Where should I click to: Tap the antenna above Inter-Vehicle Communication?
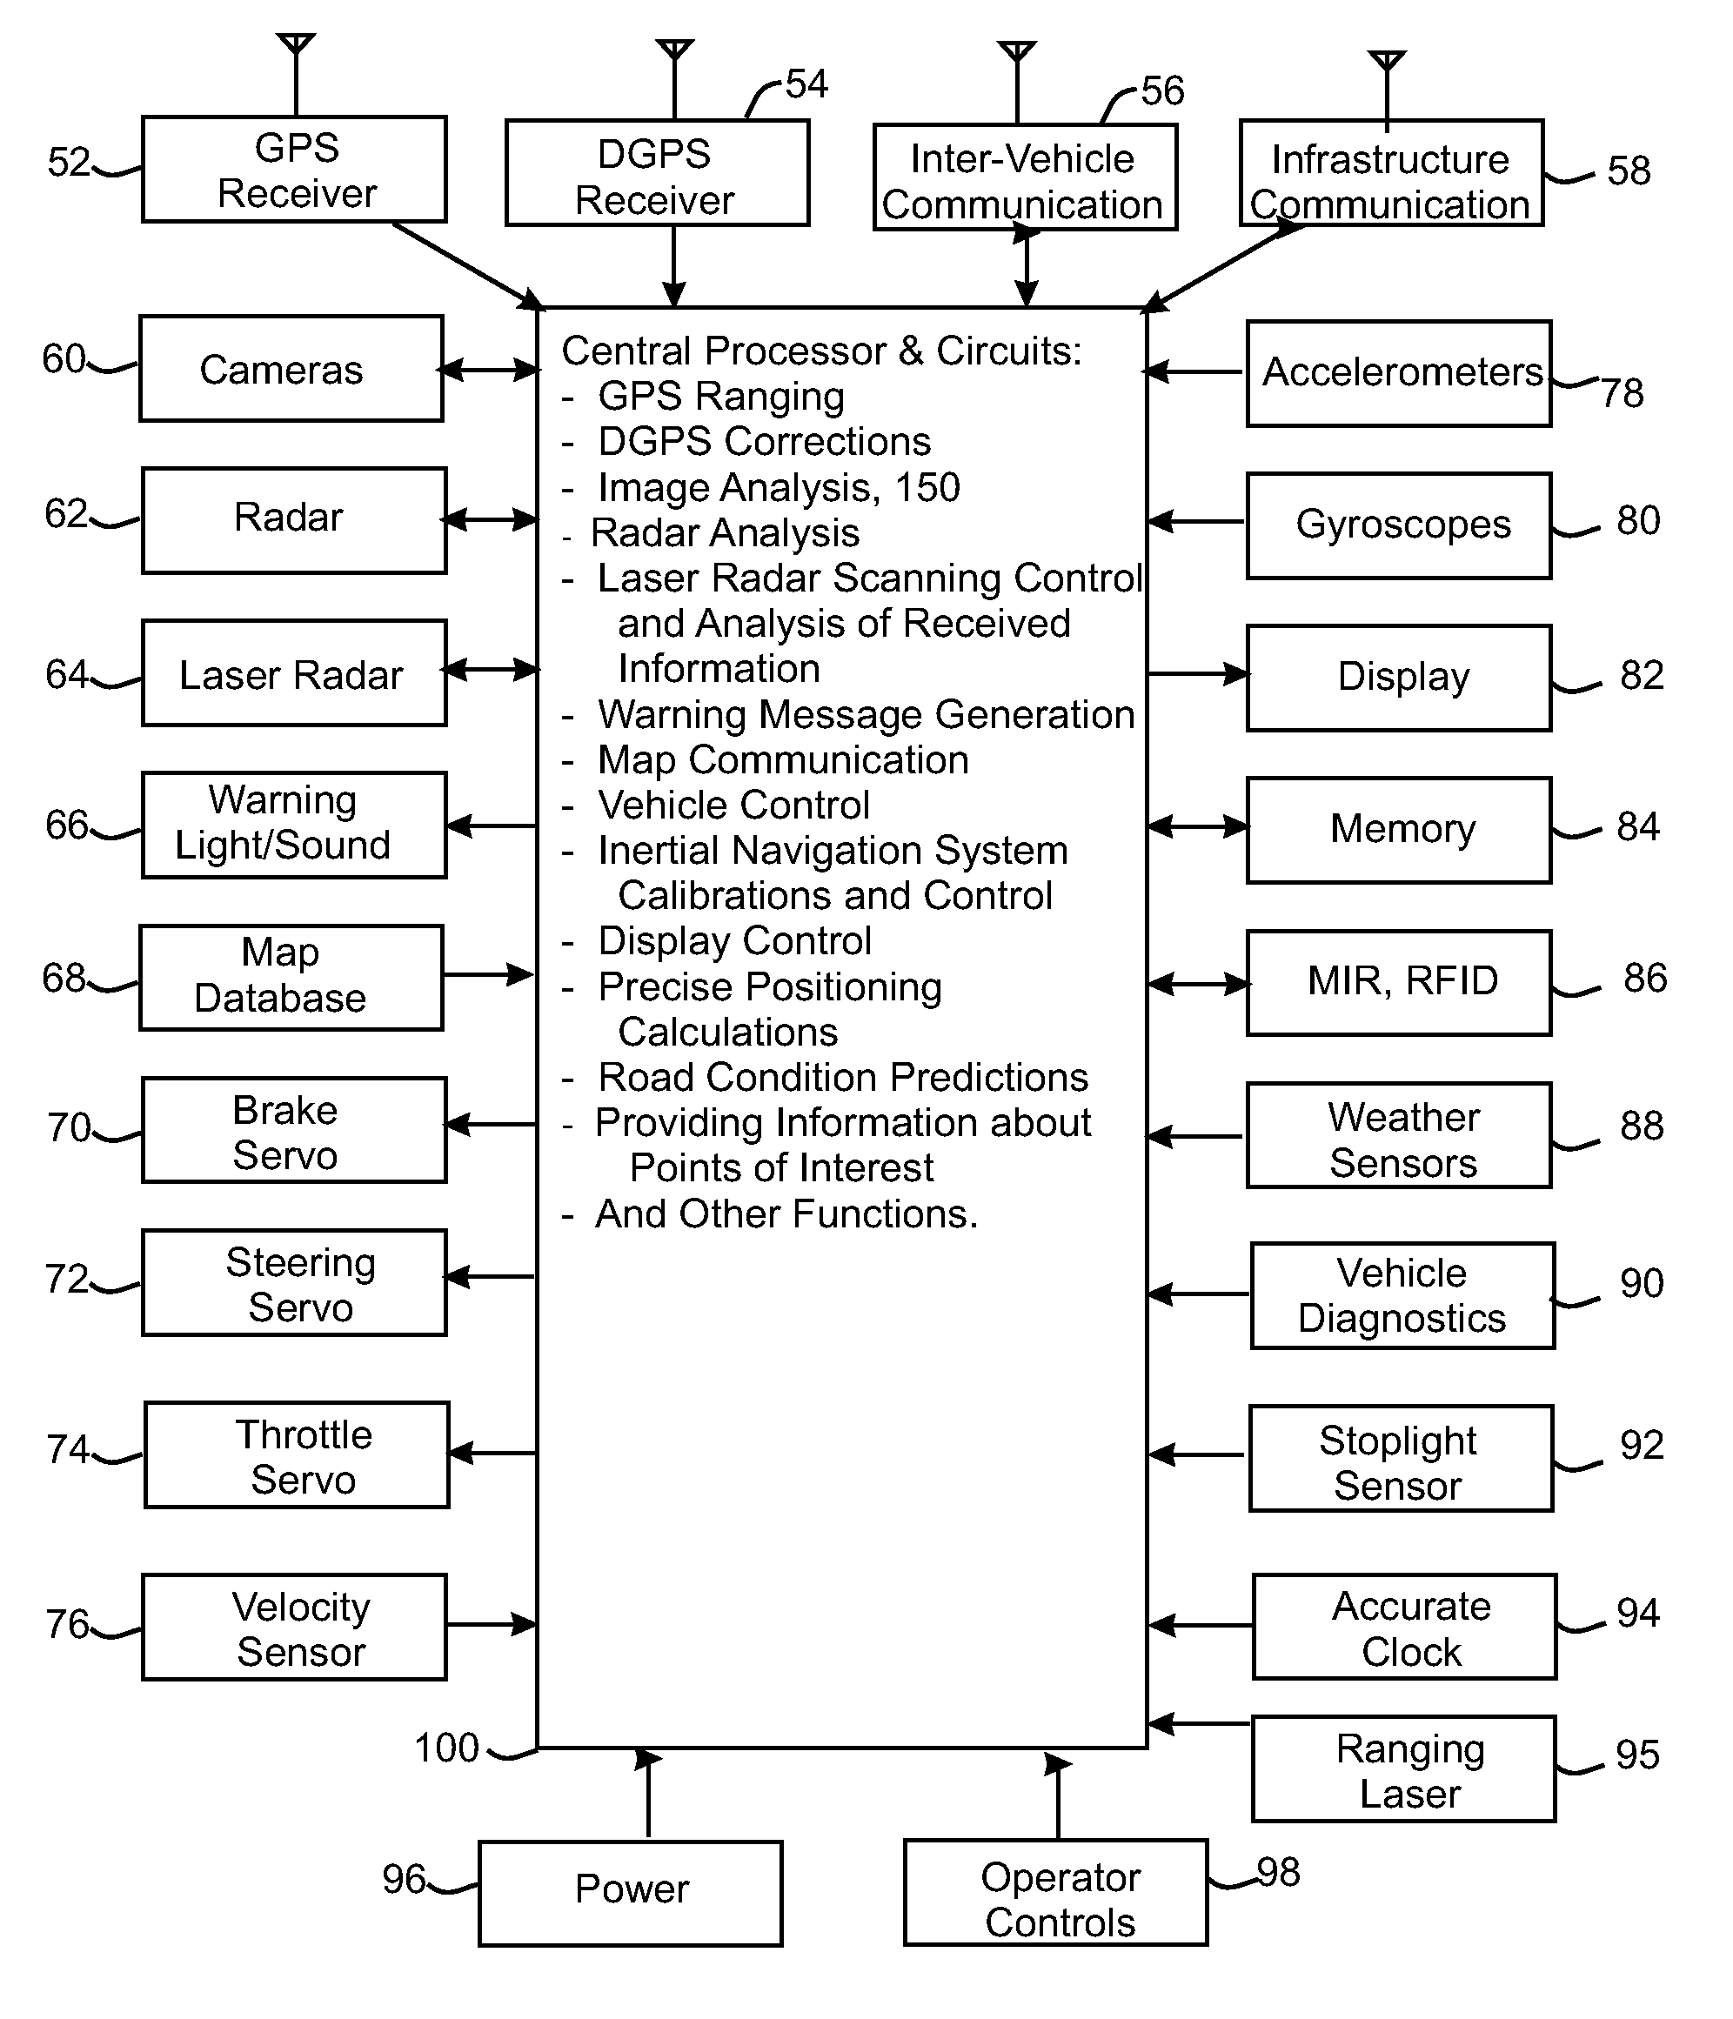tap(1017, 82)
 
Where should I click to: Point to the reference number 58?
tap(1629, 170)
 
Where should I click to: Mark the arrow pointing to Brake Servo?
tap(492, 1125)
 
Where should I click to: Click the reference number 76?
tap(67, 1624)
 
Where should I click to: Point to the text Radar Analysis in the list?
tap(726, 533)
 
